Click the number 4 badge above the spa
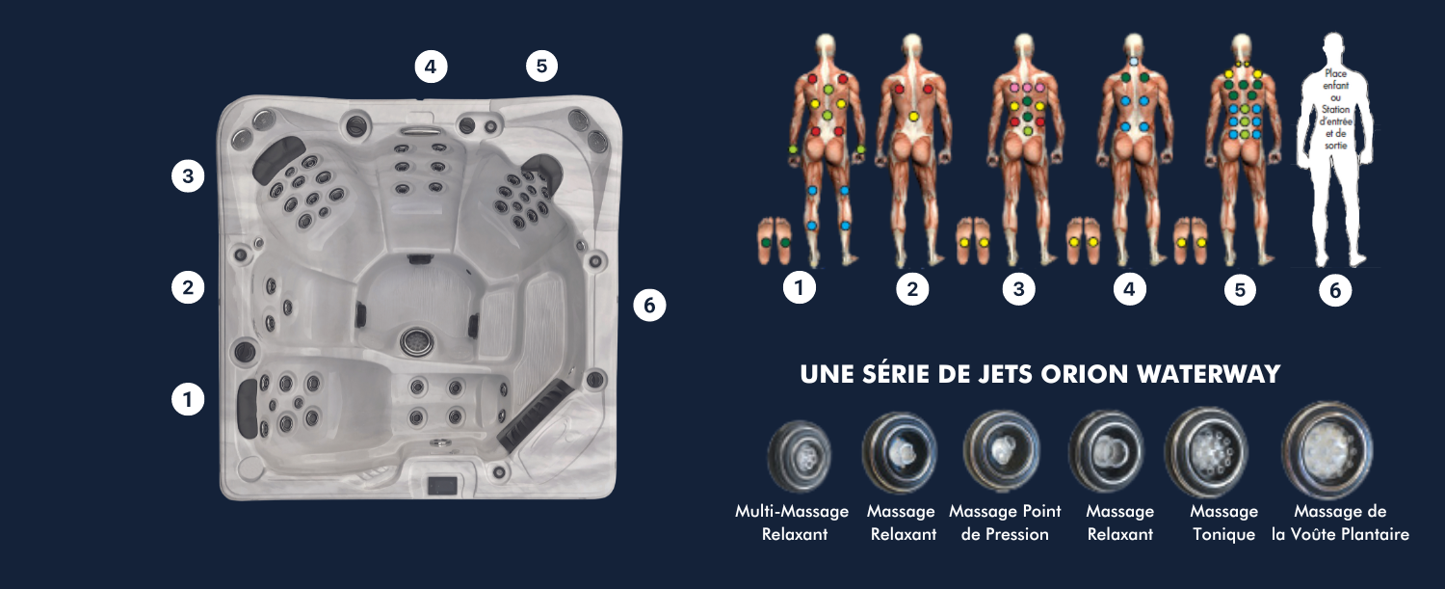point(431,67)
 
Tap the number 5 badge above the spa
point(541,67)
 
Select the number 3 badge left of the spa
point(188,176)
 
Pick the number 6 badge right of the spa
point(649,306)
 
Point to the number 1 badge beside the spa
point(188,397)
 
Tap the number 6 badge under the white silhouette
point(1335,290)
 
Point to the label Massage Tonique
point(1224,522)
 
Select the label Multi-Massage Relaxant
point(793,522)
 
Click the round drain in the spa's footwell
point(416,339)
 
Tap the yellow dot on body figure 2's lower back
point(913,117)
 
